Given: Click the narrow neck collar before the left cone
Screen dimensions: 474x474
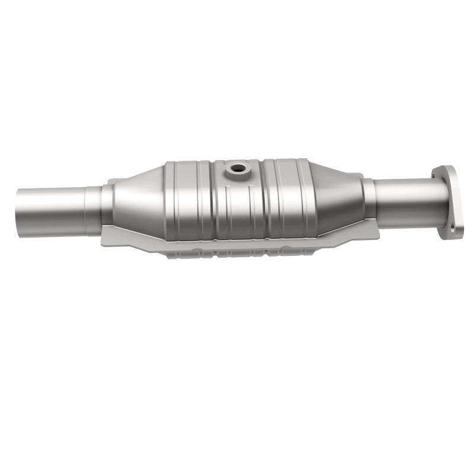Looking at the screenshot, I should coord(107,205).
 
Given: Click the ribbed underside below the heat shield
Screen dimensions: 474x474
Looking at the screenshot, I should coord(237,254).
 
